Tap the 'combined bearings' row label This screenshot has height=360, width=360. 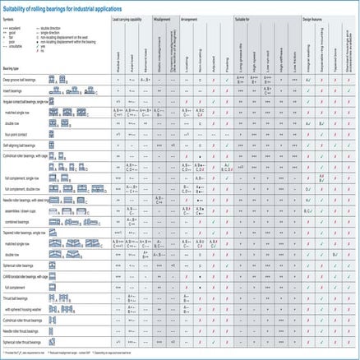(20, 221)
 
